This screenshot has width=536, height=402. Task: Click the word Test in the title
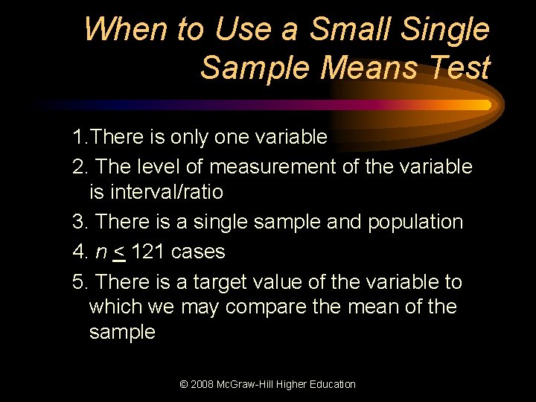click(x=462, y=68)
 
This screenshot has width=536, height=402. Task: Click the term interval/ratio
click(x=156, y=192)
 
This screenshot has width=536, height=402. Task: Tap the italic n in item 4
click(x=100, y=252)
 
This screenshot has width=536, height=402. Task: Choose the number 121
click(x=147, y=252)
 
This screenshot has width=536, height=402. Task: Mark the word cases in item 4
click(x=197, y=252)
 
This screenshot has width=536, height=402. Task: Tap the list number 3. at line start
click(x=80, y=222)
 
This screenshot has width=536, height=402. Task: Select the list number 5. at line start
click(x=80, y=282)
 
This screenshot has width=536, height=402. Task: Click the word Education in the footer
click(x=330, y=384)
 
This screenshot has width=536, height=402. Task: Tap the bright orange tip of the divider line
click(x=485, y=105)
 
